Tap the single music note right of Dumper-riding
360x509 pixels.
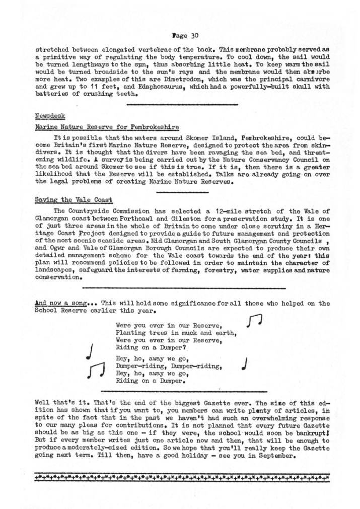[244, 363]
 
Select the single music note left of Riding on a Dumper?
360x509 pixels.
[91, 352]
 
